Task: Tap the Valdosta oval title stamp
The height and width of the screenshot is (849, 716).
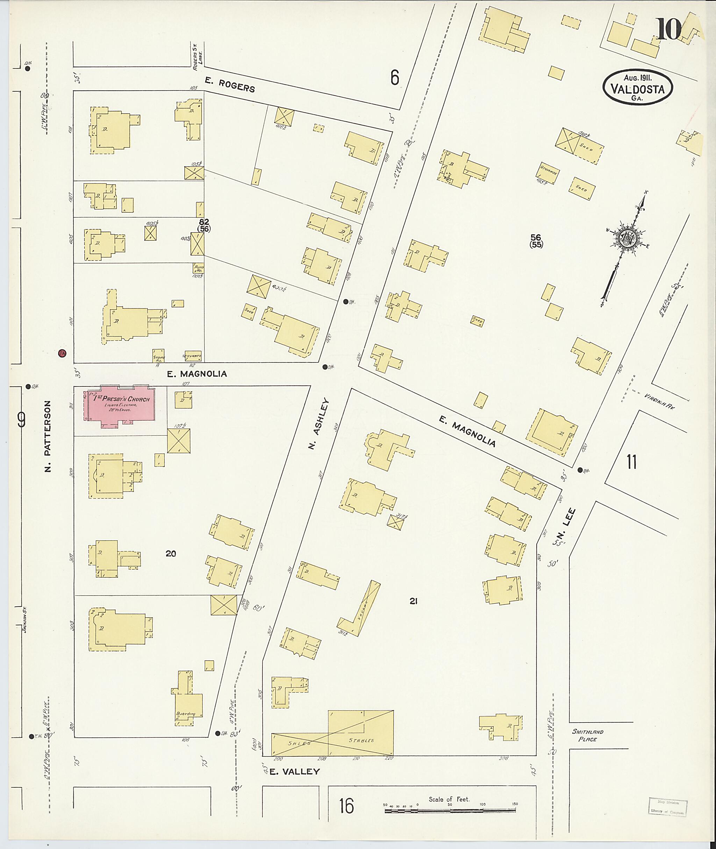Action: pos(637,88)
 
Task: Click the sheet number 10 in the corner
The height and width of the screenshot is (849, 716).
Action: pos(668,30)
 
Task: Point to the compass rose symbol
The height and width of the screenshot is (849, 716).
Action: pos(628,239)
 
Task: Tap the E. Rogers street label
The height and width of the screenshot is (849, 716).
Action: pos(230,85)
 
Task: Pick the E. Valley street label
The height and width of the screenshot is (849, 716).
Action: pos(295,771)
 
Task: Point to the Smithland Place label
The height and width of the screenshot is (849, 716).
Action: pos(587,735)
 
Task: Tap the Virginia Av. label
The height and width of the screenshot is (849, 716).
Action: pos(659,401)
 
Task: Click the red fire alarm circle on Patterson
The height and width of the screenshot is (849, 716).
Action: pos(62,353)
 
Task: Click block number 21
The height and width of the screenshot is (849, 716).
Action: pos(413,602)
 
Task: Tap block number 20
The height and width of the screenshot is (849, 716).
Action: pos(171,553)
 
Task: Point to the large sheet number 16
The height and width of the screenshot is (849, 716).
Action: pos(346,806)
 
